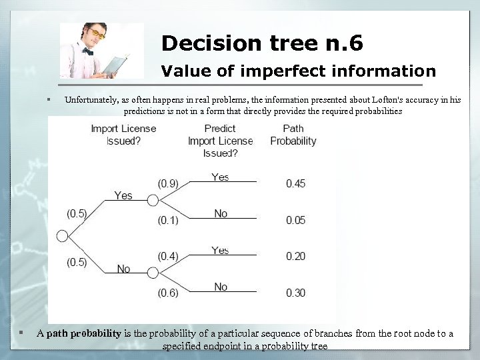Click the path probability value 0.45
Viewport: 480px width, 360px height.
point(295,183)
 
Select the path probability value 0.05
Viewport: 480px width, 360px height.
point(295,220)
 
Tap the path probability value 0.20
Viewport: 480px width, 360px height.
point(295,257)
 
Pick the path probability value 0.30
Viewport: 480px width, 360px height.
point(295,293)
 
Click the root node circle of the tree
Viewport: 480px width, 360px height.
point(63,236)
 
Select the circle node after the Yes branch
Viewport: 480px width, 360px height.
point(153,200)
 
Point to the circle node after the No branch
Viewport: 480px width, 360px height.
point(153,273)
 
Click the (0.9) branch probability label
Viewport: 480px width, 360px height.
point(168,183)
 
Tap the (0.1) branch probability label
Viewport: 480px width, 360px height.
point(168,219)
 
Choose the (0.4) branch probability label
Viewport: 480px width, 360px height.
point(168,256)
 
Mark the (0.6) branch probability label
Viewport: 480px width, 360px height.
point(168,293)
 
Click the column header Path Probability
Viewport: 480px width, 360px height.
point(293,135)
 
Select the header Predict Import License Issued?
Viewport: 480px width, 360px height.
point(220,141)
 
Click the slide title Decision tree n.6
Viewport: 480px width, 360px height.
point(262,44)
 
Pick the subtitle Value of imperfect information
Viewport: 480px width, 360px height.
point(299,71)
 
